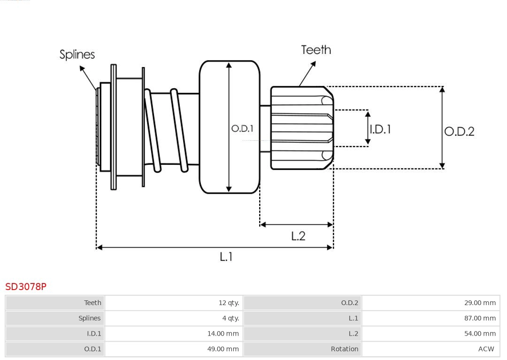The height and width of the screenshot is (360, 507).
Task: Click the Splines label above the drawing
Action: pyautogui.click(x=77, y=54)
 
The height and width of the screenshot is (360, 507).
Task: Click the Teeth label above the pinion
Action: pyautogui.click(x=316, y=50)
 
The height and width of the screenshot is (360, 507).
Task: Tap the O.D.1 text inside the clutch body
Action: pyautogui.click(x=242, y=128)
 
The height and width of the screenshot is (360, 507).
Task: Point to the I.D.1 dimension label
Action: pyautogui.click(x=380, y=129)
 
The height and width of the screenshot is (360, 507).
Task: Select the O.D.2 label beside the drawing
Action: pyautogui.click(x=459, y=131)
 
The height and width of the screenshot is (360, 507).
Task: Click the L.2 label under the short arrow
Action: pyautogui.click(x=298, y=236)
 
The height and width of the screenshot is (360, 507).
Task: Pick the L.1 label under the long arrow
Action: pyautogui.click(x=226, y=257)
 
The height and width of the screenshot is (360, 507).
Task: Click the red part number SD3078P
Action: pyautogui.click(x=26, y=286)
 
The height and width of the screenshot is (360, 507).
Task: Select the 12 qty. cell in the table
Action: pyautogui.click(x=229, y=303)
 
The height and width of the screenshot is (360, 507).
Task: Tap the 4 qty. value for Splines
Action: pyautogui.click(x=230, y=318)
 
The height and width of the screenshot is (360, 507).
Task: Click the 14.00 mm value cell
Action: pyautogui.click(x=223, y=334)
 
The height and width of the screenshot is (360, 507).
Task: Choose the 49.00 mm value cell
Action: pyautogui.click(x=223, y=349)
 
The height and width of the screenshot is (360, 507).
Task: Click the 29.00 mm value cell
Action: pyautogui.click(x=480, y=303)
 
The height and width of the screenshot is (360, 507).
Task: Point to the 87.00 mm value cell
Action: pyautogui.click(x=480, y=318)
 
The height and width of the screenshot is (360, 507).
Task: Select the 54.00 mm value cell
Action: pyautogui.click(x=480, y=334)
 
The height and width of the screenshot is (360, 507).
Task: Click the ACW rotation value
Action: pyautogui.click(x=486, y=349)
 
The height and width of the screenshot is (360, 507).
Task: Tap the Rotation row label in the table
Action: pyautogui.click(x=344, y=349)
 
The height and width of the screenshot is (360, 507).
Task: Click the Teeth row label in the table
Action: pyautogui.click(x=92, y=303)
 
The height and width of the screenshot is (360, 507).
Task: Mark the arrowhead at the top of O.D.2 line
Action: pyautogui.click(x=442, y=89)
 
